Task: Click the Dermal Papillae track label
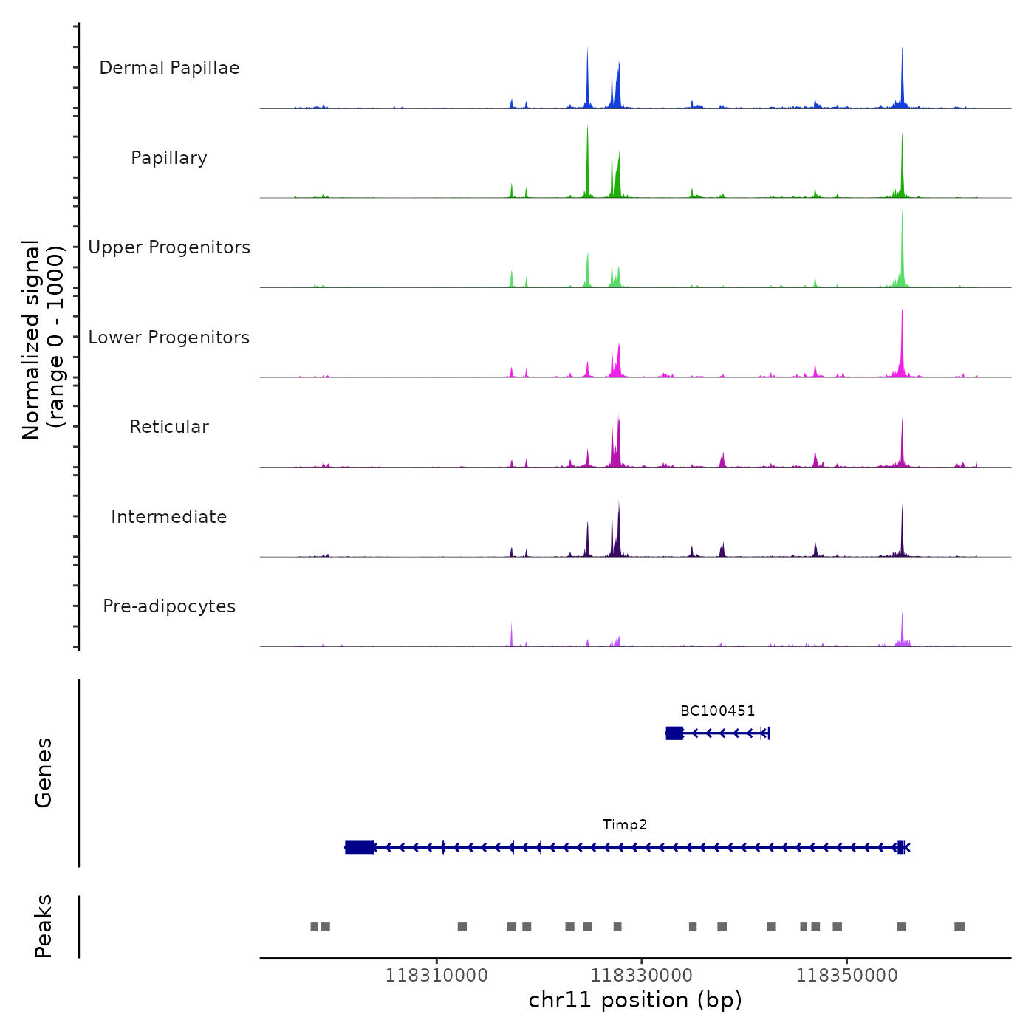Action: pos(169,68)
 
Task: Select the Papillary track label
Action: pos(169,158)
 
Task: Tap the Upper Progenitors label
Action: pos(169,247)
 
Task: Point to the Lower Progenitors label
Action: pos(169,338)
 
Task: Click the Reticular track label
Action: pos(169,427)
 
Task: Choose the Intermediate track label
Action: pos(169,517)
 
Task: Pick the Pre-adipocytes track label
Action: pos(169,606)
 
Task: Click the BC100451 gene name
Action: pos(717,711)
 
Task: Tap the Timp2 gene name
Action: pos(625,825)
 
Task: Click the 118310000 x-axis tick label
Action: pos(436,976)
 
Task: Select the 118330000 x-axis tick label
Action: pos(642,976)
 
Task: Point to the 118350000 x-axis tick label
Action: pos(846,976)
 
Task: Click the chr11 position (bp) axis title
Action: pos(635,1000)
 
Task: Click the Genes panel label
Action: pos(44,773)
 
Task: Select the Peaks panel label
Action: pos(44,926)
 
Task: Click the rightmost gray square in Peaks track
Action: pos(959,927)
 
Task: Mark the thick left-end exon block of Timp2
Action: pos(360,847)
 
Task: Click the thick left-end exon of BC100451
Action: pos(674,733)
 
